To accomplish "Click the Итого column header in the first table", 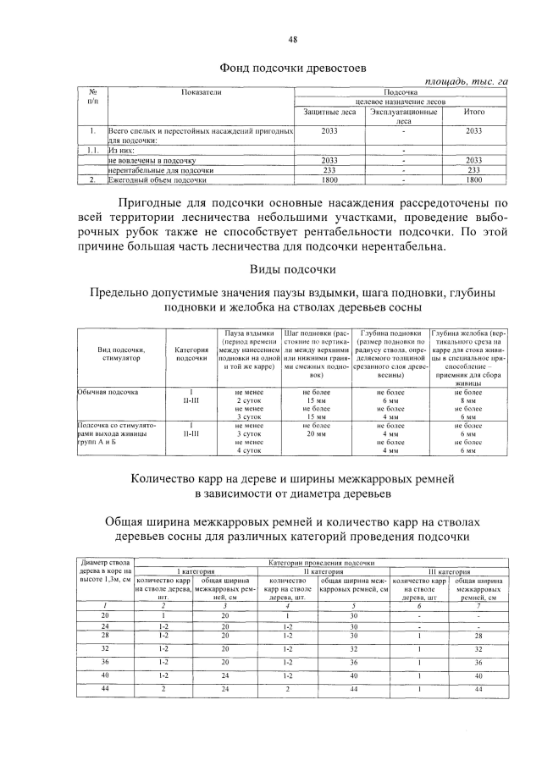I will point(474,112).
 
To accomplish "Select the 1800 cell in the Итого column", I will point(474,180).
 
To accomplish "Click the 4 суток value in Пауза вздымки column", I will point(246,449).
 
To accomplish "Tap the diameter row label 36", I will point(105,661).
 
